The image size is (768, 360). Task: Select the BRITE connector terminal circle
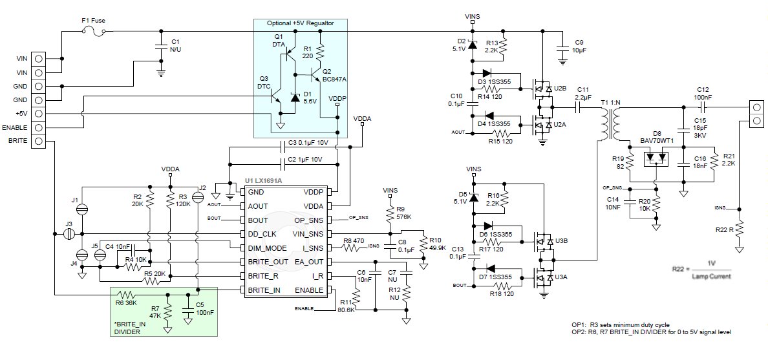(x=39, y=142)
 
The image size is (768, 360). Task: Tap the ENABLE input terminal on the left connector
(x=39, y=127)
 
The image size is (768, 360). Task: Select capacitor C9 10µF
(x=561, y=47)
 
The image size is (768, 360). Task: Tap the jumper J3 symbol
(x=70, y=233)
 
